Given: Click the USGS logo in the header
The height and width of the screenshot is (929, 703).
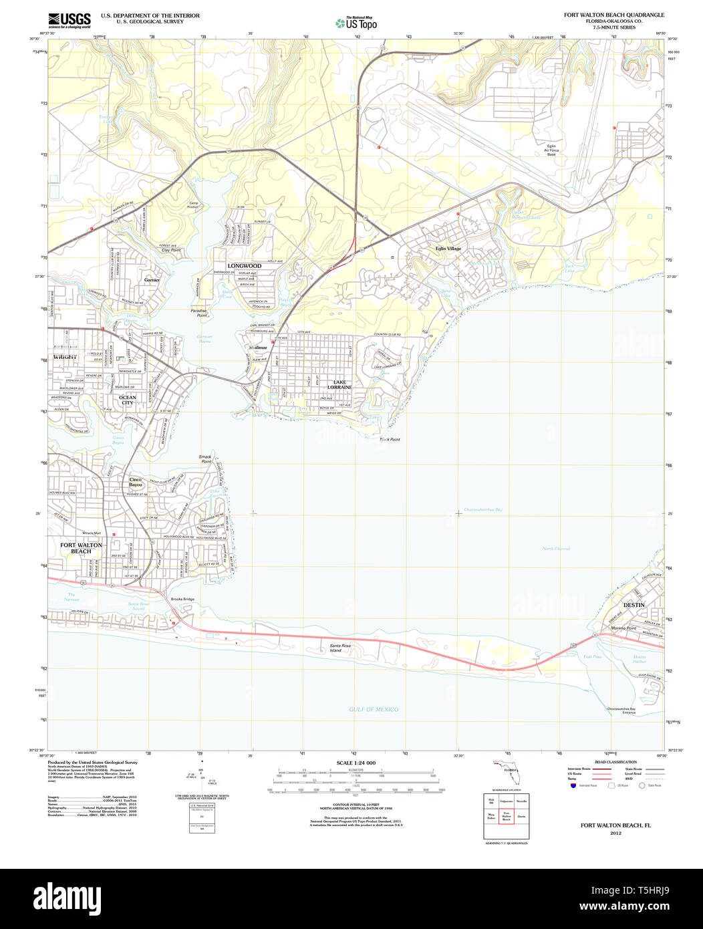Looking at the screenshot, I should click(x=69, y=21).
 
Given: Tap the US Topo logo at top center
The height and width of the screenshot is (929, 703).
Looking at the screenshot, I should click(x=356, y=23).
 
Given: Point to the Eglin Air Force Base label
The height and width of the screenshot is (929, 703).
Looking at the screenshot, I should click(x=551, y=149).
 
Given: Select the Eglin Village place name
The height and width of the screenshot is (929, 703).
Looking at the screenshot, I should click(x=448, y=249).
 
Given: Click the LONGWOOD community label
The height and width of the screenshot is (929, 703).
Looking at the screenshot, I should click(x=244, y=266).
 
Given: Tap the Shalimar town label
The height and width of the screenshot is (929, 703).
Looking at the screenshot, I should click(x=258, y=348).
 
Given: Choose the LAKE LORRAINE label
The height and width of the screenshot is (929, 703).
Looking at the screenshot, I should click(x=339, y=385).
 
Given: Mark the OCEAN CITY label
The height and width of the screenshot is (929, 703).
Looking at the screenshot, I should click(x=127, y=400).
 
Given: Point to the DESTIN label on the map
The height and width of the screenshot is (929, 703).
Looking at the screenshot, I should click(x=634, y=605).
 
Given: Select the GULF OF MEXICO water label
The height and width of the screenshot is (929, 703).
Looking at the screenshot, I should click(x=374, y=709).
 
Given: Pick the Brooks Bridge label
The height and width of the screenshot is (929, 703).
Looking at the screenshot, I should click(x=182, y=599).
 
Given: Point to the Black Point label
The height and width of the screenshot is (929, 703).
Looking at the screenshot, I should click(x=390, y=439).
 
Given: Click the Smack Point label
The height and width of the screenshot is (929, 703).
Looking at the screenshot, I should click(x=205, y=459).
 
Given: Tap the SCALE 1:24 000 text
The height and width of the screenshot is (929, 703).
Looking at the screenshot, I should click(x=356, y=763).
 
